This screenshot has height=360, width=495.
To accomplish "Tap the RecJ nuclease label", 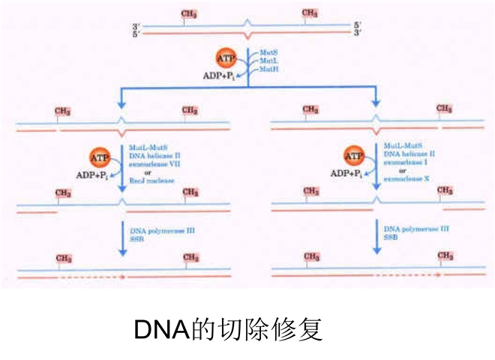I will pos(150,180).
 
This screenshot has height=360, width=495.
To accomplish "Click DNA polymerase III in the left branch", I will pos(163,230).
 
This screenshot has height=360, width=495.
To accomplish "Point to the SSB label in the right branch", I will pos(391,238).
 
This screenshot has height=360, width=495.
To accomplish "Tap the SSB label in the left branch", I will pos(137,239).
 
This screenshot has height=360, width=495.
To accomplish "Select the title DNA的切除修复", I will pos(228,328).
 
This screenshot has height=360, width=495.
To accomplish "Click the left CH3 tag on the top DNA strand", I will pos(189,13).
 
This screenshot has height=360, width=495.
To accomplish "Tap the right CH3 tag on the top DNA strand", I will pos(309,13).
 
